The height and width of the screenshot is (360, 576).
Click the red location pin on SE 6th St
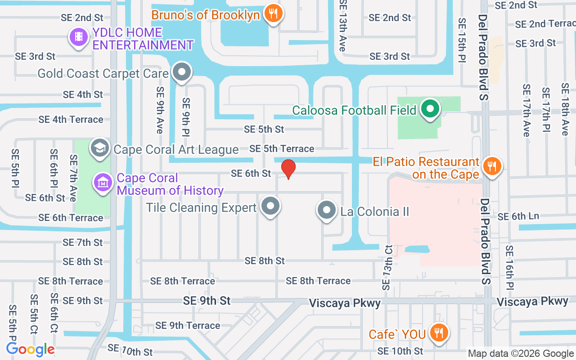[288, 169]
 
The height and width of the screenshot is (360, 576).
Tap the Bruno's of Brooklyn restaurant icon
[273, 13]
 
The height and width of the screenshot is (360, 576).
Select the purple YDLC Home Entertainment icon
[79, 36]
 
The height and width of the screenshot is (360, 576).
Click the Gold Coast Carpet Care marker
[182, 72]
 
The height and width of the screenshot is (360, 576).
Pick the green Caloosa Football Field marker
[430, 108]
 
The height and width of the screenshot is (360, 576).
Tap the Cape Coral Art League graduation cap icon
[99, 148]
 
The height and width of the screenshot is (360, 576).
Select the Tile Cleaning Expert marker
[270, 207]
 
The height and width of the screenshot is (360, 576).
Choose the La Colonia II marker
[327, 210]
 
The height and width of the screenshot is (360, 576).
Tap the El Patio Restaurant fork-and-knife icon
[492, 166]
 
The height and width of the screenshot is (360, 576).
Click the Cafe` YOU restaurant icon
[437, 333]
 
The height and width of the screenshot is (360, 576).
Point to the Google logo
[31, 349]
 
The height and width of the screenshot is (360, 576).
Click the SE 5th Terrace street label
[282, 148]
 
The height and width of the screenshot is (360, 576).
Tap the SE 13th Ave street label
[343, 25]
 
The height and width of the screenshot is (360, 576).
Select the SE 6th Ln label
[518, 216]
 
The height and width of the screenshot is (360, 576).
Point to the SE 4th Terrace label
[71, 119]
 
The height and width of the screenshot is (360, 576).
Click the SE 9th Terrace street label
[188, 325]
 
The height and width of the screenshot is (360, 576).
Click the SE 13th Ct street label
[387, 267]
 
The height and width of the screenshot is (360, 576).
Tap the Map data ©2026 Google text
[521, 354]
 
